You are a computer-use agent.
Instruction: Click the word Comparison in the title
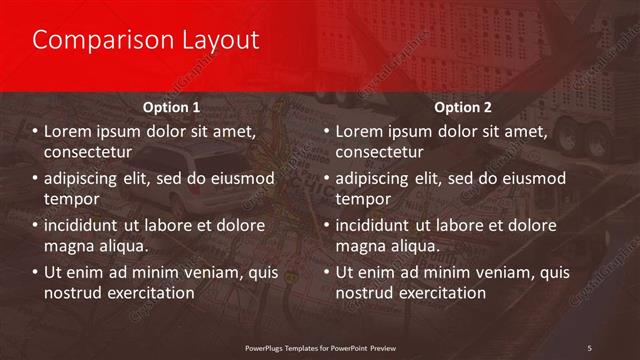click(90, 40)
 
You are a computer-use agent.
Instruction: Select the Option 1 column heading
click(171, 106)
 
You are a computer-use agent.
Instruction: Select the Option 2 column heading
click(462, 106)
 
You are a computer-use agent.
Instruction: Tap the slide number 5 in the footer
click(590, 347)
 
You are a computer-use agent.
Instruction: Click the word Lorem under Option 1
click(69, 131)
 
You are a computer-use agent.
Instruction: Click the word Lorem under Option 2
click(360, 131)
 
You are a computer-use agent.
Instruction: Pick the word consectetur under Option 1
click(89, 152)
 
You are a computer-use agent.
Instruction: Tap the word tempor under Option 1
click(70, 199)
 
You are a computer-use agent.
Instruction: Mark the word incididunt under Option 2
click(379, 224)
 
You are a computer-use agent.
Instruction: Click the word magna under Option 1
click(70, 245)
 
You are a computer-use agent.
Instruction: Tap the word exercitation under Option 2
click(440, 293)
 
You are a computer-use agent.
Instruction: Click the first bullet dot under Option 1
click(35, 132)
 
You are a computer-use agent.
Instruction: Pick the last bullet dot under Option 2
click(326, 272)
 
